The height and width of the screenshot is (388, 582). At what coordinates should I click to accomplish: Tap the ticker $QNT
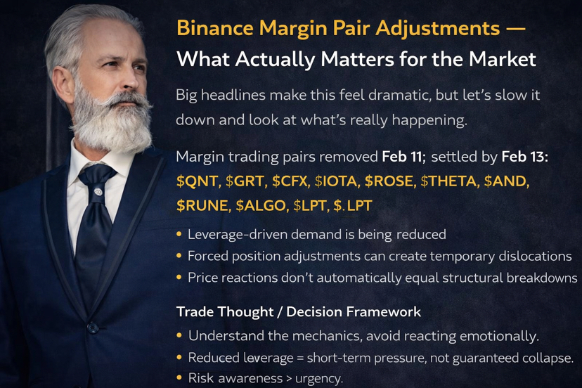[197, 181]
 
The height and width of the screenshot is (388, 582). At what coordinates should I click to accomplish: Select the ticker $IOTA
[335, 181]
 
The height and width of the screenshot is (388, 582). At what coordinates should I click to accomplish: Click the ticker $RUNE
[202, 205]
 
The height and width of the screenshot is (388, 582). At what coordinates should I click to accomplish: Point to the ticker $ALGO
[260, 205]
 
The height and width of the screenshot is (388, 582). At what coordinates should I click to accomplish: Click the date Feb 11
[402, 157]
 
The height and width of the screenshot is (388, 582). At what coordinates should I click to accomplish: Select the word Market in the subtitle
[502, 60]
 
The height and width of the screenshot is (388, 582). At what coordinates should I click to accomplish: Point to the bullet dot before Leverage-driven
[179, 235]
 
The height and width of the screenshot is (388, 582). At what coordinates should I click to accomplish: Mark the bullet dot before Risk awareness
[179, 378]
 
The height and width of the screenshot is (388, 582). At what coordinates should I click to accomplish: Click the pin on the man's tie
[98, 192]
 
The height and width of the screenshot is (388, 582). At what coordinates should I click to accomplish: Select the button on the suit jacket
[92, 327]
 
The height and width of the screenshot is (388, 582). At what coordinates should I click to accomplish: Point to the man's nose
[131, 80]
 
